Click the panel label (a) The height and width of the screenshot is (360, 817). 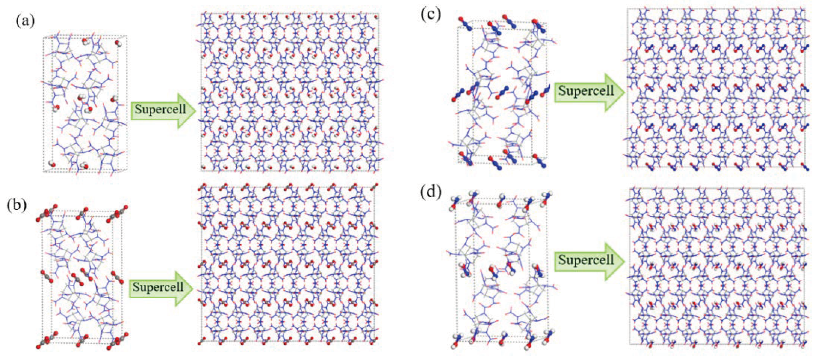click(25, 21)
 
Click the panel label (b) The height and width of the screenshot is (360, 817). click(16, 205)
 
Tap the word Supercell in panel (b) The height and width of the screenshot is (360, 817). click(158, 287)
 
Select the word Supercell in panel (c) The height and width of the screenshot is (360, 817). click(586, 91)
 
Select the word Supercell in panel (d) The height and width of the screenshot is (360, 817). click(586, 260)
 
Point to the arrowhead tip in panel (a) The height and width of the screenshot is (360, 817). click(196, 110)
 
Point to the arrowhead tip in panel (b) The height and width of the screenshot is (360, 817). click(193, 288)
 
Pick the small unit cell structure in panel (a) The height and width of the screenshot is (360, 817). click(85, 104)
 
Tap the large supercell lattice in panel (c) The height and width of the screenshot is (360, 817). click(716, 88)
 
